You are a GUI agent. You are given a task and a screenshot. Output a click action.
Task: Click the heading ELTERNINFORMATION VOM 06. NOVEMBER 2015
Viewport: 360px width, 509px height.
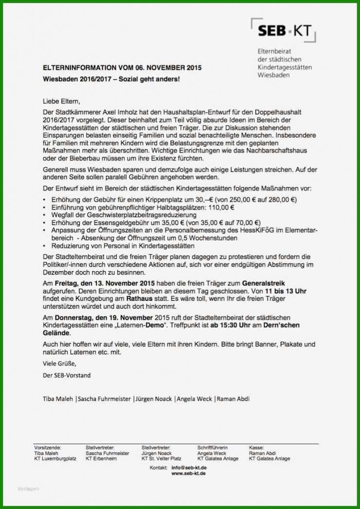click(122, 68)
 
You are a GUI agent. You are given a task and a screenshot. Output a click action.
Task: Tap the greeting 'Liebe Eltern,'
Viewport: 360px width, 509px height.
click(61, 102)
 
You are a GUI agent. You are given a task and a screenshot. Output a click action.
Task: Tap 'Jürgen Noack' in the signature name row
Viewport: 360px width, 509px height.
click(153, 399)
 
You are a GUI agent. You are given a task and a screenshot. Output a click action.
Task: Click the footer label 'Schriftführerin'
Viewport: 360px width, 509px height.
click(213, 447)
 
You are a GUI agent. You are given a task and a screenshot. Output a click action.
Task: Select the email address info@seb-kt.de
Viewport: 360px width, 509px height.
click(188, 468)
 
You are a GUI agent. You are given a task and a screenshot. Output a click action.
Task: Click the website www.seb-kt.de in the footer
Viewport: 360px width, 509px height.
click(188, 474)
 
